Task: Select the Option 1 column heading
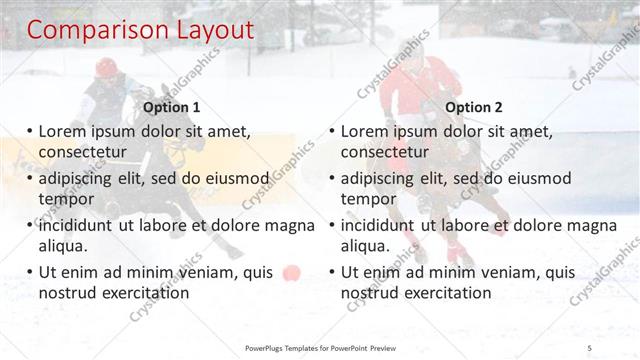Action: coord(172,107)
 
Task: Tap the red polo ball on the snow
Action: coord(291,272)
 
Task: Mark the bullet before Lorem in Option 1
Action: coord(30,131)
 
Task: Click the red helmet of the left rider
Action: coord(106,67)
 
